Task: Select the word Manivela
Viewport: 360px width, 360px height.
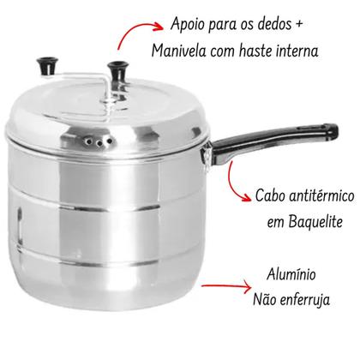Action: coord(180,52)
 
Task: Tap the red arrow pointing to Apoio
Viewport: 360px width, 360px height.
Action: coord(138,34)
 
